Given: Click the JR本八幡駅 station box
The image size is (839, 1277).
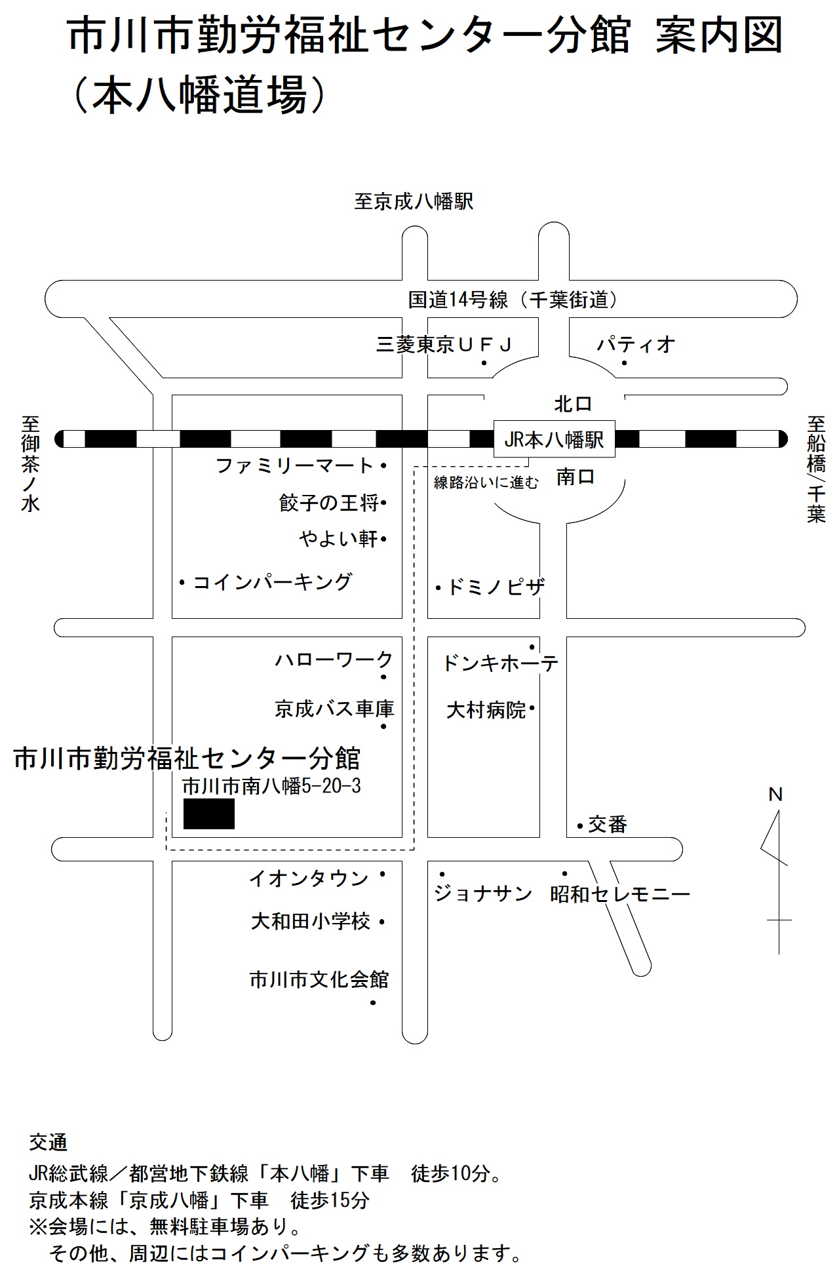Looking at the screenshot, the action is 554,439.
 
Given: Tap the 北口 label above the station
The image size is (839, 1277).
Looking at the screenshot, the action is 573,404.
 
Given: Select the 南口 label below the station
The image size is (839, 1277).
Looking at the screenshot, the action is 576,477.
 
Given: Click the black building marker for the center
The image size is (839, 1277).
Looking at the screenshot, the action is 209,814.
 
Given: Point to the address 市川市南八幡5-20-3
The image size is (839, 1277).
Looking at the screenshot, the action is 271,786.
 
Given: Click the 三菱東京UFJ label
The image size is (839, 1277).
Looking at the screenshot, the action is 444,344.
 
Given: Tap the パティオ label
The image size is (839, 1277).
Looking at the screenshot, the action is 635,344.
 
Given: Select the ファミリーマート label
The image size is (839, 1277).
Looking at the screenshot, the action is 294,466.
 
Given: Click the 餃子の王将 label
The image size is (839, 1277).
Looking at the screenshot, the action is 329,503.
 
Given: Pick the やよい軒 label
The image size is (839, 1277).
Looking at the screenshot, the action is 339,539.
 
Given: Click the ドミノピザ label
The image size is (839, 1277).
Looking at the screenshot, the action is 496,587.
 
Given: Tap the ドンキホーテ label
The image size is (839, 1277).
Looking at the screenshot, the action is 501,663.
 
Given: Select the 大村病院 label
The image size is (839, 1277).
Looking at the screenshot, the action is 486,710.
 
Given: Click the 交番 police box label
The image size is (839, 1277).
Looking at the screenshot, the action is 608,825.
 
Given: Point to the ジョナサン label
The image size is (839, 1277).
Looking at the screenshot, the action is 482,894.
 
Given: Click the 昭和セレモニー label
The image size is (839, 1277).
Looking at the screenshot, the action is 620,894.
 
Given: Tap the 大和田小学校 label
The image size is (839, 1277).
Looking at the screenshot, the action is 311,922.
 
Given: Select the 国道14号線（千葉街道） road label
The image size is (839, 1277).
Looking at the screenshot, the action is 513,300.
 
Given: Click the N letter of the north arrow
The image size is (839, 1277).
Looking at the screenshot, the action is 775,795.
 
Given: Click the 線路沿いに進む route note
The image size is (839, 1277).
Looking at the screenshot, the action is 486,483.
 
